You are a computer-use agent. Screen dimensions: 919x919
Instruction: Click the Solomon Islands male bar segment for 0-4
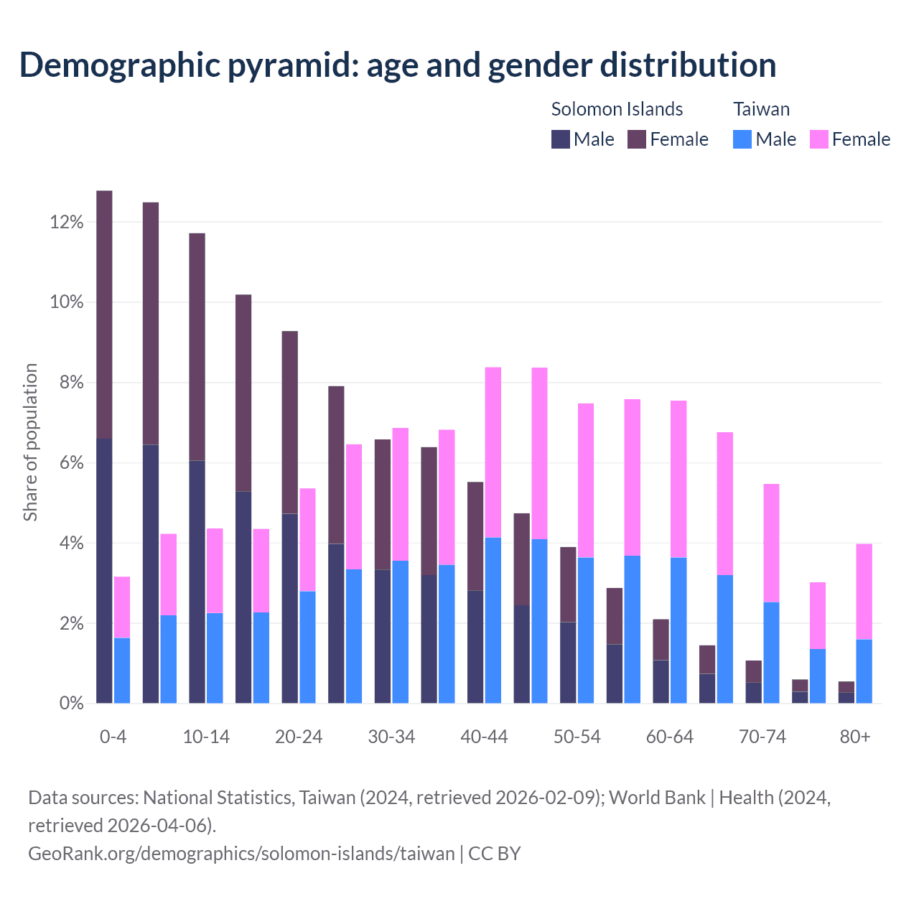pyautogui.click(x=104, y=571)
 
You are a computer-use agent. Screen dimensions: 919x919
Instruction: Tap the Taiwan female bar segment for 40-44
pyautogui.click(x=493, y=452)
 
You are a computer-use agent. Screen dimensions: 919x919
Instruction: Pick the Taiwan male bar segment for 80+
pyautogui.click(x=864, y=671)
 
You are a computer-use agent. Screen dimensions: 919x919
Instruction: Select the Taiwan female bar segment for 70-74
pyautogui.click(x=772, y=543)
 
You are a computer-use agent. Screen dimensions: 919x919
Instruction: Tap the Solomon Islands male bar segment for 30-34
pyautogui.click(x=383, y=636)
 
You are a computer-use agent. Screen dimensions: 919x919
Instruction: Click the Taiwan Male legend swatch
pyautogui.click(x=742, y=139)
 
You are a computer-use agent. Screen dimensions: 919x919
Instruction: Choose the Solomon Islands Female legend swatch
pyautogui.click(x=637, y=139)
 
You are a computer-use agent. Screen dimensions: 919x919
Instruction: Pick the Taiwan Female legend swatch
pyautogui.click(x=819, y=139)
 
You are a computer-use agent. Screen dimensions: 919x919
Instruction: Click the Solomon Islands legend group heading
pyautogui.click(x=617, y=109)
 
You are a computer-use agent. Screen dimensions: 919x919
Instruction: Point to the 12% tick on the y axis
pyautogui.click(x=67, y=223)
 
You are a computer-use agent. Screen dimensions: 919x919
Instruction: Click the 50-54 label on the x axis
pyautogui.click(x=577, y=737)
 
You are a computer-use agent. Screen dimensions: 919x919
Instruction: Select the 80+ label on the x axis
pyautogui.click(x=855, y=737)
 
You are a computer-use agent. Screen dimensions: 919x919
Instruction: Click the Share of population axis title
pyautogui.click(x=30, y=442)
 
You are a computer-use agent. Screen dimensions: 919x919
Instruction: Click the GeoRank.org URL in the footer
pyautogui.click(x=241, y=853)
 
